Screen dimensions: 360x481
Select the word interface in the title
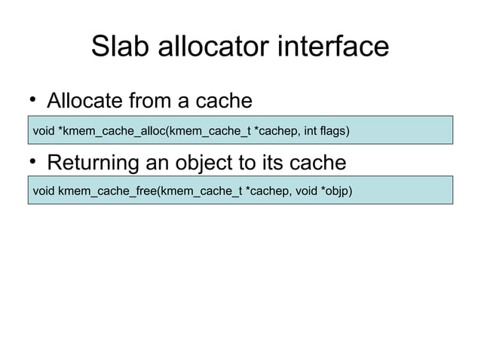[x=343, y=47]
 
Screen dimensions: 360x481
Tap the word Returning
[x=96, y=163]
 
